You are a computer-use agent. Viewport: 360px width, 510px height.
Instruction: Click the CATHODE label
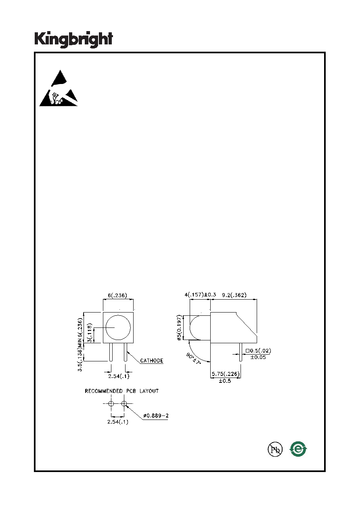152,361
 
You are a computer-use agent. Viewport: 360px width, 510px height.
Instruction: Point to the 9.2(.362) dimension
234,295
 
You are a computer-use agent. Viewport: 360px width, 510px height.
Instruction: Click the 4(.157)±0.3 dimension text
200,295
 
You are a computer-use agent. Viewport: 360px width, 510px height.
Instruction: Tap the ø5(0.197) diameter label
179,327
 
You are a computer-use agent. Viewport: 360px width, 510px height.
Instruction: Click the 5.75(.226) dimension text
226,374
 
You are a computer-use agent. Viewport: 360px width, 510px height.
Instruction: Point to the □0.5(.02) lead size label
258,351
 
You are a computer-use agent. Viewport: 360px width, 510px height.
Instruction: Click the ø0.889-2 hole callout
156,416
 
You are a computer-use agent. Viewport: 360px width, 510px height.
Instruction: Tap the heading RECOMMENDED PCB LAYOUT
122,391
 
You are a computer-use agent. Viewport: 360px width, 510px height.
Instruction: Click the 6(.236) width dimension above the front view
117,295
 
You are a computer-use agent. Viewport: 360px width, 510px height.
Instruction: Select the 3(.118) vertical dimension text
90,333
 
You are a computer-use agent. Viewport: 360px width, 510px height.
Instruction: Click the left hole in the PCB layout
111,404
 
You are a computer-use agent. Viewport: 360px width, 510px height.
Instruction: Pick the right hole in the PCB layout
124,404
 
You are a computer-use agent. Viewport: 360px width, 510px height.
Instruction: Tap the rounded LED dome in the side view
190,327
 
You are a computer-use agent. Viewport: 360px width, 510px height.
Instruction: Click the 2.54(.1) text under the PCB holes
118,422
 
